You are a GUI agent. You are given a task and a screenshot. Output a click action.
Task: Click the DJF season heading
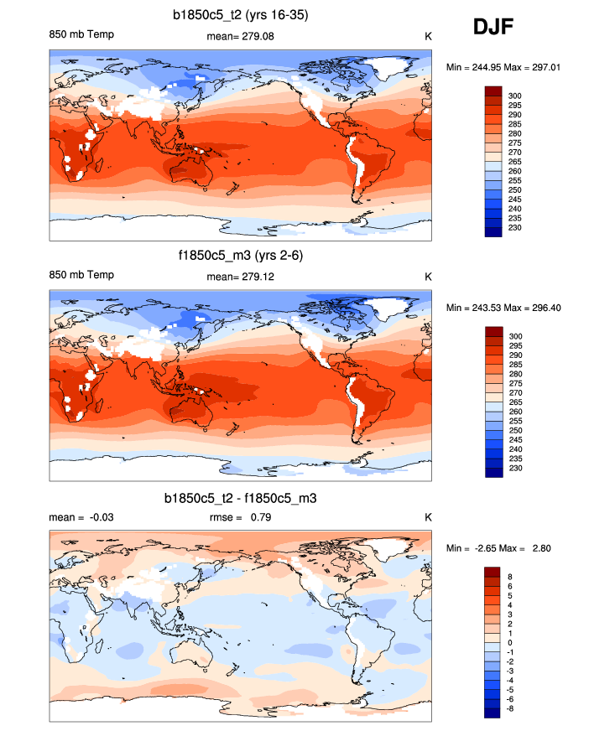point(493,28)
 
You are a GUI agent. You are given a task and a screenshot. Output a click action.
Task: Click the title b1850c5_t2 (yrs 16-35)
point(241,14)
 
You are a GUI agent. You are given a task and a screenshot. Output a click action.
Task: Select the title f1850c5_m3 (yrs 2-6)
point(241,255)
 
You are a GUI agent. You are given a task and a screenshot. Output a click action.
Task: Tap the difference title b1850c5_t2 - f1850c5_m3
point(241,498)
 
